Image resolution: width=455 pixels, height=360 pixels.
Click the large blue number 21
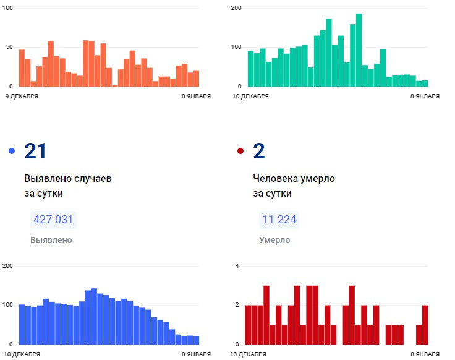point(35,151)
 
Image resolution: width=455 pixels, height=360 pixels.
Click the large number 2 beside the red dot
point(259,151)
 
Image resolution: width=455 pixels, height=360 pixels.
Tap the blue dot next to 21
point(12,152)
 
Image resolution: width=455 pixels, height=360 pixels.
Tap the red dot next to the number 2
point(240,152)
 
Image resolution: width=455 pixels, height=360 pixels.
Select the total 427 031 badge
point(53,220)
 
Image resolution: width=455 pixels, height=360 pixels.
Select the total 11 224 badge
point(278,220)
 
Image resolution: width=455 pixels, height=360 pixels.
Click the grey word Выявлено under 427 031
point(51,240)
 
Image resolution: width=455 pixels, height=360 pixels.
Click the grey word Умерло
point(274,240)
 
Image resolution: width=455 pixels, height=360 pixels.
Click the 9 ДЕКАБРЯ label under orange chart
point(22,96)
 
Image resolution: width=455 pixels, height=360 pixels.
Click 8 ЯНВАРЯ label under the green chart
point(425,96)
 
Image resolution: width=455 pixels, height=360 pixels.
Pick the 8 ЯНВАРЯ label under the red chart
point(425,354)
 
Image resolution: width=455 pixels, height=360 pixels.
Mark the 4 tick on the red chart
point(237,266)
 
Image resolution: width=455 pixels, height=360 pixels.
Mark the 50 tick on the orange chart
point(9,47)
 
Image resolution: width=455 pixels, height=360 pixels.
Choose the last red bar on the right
point(425,325)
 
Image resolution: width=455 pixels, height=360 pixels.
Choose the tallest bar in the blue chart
point(94,317)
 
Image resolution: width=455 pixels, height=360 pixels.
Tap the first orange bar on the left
point(22,68)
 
